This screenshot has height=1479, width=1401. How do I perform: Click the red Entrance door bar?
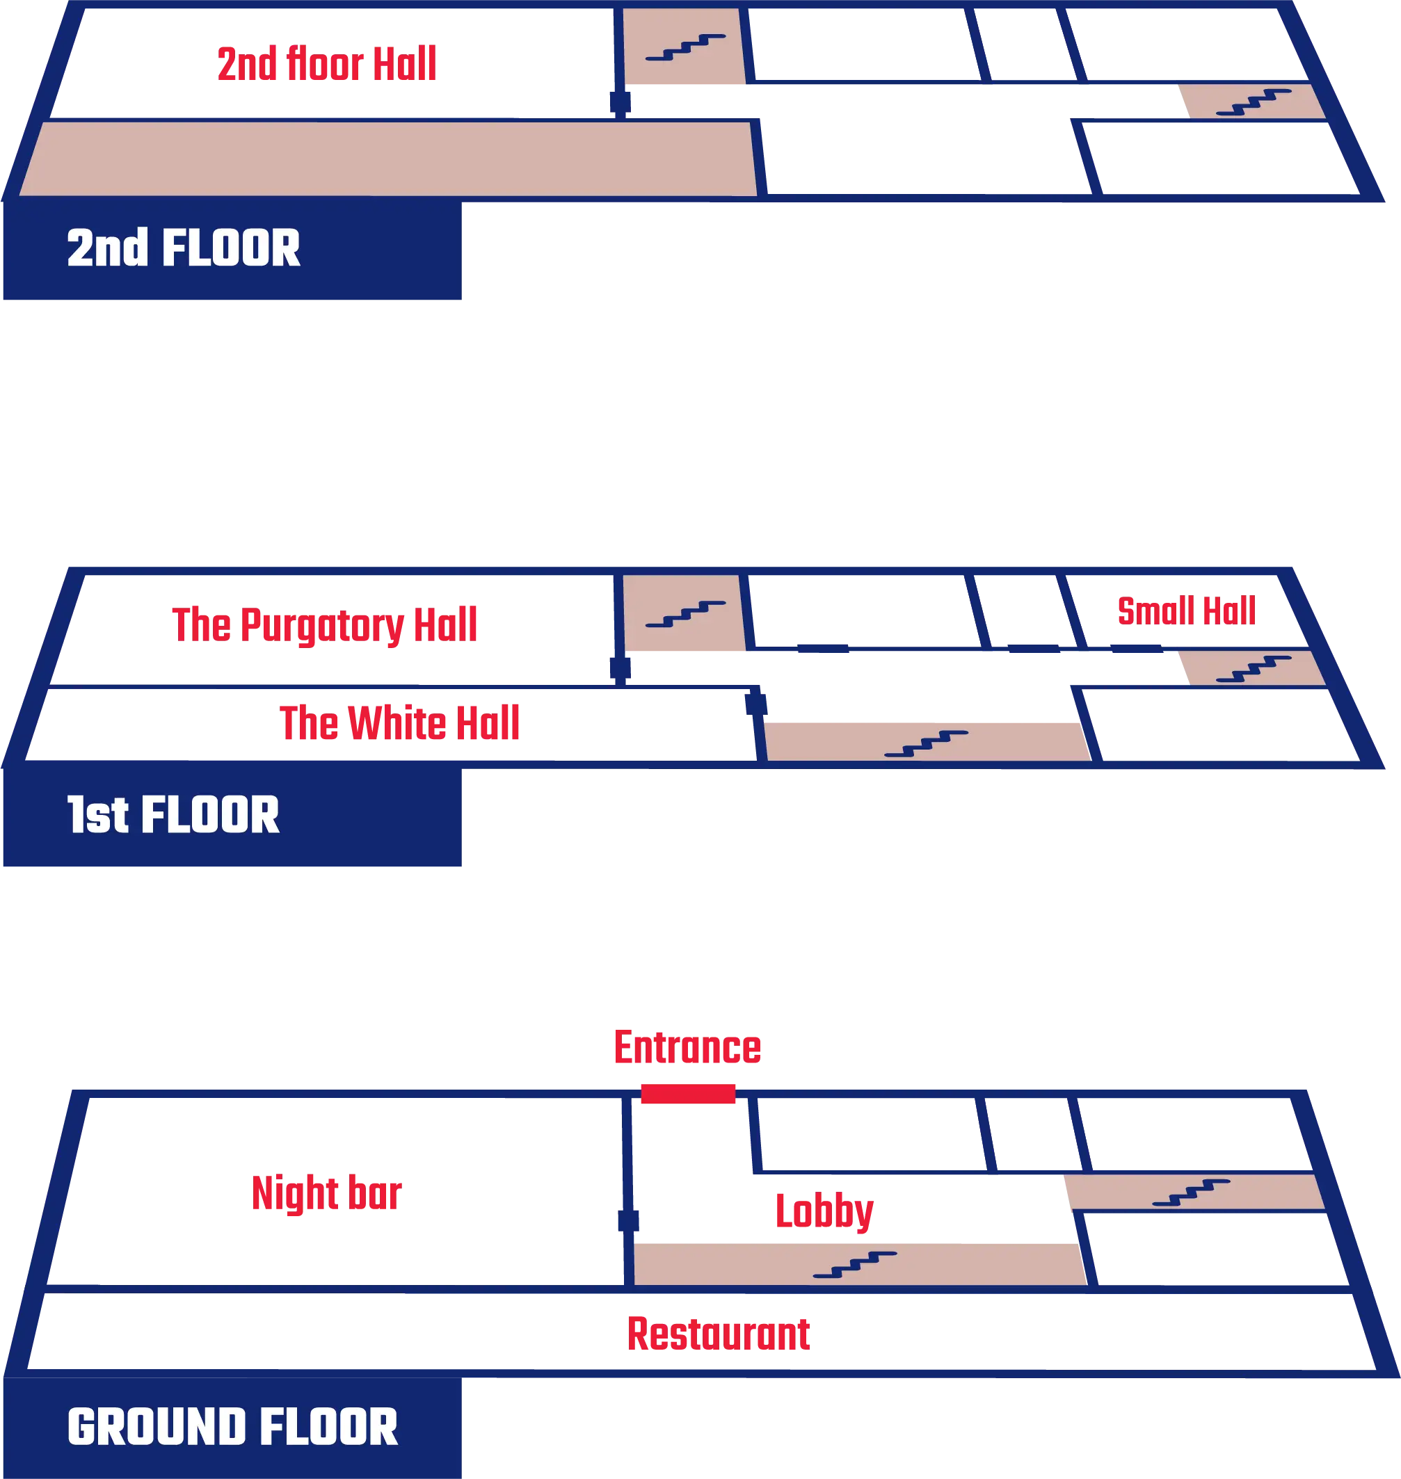(x=689, y=1094)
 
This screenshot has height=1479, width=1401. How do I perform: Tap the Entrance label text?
(x=687, y=1048)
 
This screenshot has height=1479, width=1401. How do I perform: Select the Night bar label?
(x=327, y=1193)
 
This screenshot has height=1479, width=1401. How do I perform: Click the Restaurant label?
(x=720, y=1334)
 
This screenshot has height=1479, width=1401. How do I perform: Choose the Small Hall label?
(x=1187, y=611)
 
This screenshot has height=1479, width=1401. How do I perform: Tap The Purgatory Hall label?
(x=323, y=624)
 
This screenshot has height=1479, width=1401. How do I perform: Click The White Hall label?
(x=401, y=721)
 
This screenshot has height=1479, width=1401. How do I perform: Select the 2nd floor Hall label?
(x=328, y=63)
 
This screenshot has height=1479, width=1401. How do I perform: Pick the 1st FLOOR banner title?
(x=173, y=814)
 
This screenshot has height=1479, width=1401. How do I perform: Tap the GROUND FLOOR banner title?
(x=232, y=1427)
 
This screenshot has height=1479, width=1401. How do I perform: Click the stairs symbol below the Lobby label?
(x=855, y=1265)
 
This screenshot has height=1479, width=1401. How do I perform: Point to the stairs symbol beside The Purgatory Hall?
(x=685, y=613)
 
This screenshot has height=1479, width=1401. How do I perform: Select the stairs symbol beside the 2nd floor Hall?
(x=685, y=47)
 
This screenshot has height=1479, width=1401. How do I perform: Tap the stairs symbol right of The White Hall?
(x=926, y=743)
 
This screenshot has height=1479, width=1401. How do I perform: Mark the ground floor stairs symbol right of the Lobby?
(x=1191, y=1193)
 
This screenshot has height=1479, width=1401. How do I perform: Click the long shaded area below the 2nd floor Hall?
(x=388, y=159)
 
